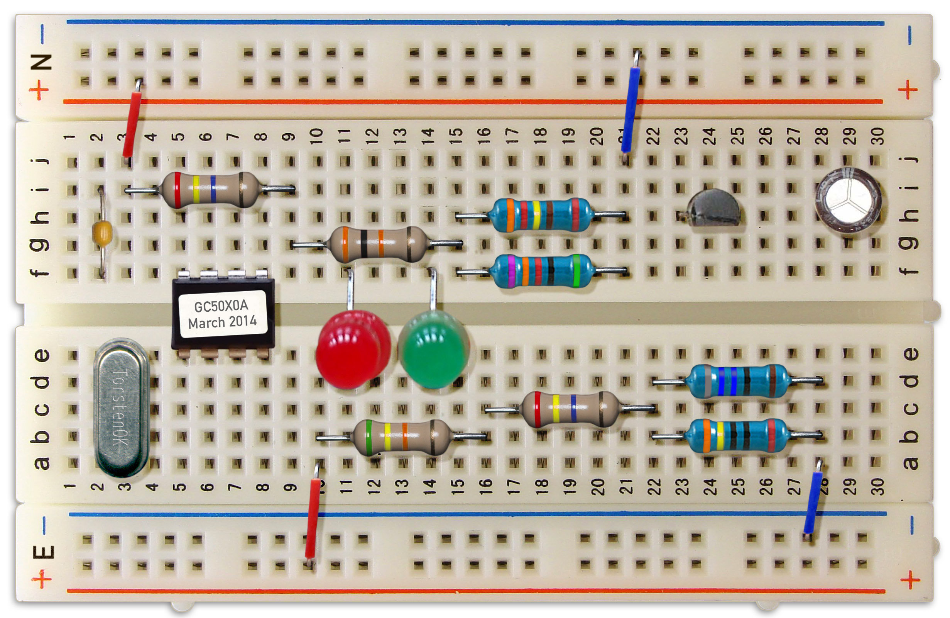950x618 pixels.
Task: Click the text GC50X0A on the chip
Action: click(x=221, y=306)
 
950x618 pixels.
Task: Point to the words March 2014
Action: click(x=222, y=322)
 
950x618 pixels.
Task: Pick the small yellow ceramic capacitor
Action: click(x=102, y=231)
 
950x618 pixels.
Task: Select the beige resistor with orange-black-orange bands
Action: click(x=377, y=244)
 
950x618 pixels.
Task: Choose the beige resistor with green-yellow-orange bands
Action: click(x=401, y=436)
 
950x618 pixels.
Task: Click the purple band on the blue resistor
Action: click(x=511, y=271)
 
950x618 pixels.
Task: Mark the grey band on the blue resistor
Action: click(x=708, y=381)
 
